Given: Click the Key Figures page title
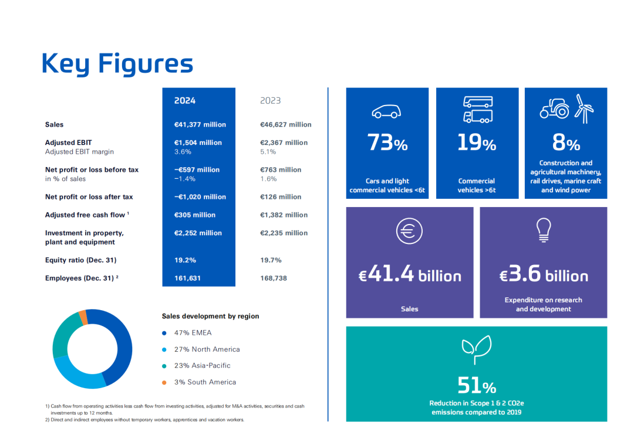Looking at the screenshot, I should (x=117, y=63).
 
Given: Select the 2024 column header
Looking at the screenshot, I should (x=185, y=101).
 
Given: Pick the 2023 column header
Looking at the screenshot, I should (x=271, y=101).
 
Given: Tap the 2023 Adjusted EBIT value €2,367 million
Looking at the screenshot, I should (x=284, y=142).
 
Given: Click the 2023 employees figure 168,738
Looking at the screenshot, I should (x=274, y=278).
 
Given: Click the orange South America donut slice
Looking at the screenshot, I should (x=83, y=317).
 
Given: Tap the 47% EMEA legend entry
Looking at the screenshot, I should (x=193, y=333).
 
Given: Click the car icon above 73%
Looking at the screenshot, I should (x=387, y=111).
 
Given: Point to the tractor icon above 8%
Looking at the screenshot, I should (x=554, y=109).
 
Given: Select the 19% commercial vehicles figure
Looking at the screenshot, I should (x=477, y=142).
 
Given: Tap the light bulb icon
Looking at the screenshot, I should (x=543, y=230).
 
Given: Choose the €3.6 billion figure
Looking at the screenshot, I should (x=544, y=275).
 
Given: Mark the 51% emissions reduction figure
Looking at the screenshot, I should (x=477, y=385).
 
